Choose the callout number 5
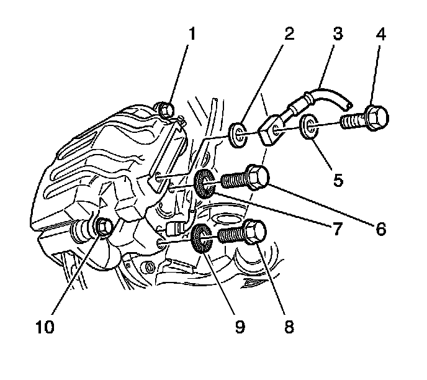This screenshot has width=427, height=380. (338, 180)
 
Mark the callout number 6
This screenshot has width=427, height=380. (380, 228)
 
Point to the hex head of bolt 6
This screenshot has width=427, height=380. (258, 177)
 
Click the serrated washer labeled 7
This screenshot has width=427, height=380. (205, 182)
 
